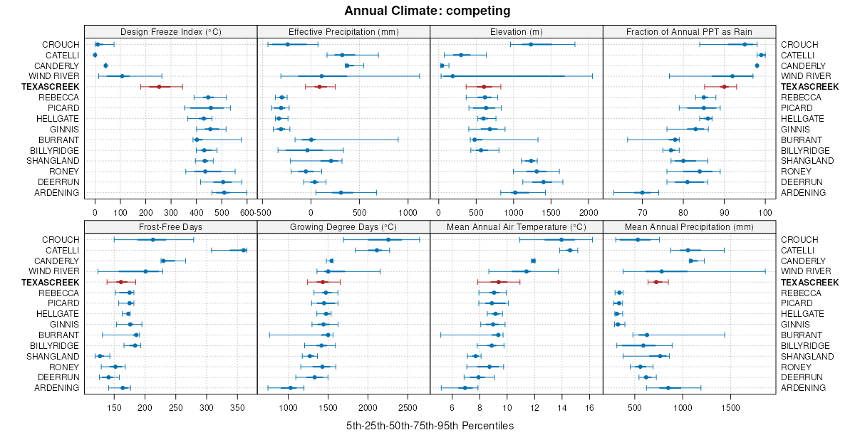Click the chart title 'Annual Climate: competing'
tap(427, 11)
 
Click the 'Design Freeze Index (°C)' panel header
tap(170, 31)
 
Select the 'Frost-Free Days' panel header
tap(170, 226)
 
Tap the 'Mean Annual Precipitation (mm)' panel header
tap(689, 226)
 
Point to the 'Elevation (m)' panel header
tap(517, 31)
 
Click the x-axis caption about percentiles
tap(430, 426)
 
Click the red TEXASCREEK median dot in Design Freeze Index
tap(159, 86)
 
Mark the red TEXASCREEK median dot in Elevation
tap(484, 86)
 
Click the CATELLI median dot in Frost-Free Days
tap(244, 250)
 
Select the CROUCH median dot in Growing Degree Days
tap(388, 240)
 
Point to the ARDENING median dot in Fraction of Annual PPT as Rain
tap(642, 192)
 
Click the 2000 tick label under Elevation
tap(589, 212)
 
